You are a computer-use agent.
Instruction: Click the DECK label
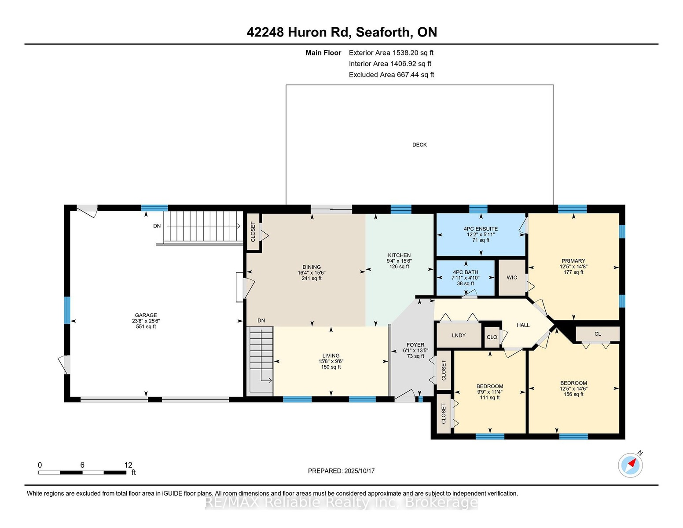419,145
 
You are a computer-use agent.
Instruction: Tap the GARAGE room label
146,315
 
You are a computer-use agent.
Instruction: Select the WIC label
512,278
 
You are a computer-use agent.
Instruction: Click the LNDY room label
459,335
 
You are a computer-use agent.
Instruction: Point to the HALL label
523,325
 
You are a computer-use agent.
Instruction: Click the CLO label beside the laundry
492,337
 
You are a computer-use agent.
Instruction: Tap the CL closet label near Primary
598,334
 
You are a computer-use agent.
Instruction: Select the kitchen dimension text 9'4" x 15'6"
399,261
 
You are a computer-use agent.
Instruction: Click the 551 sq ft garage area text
146,326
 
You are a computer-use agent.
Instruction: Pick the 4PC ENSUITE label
481,229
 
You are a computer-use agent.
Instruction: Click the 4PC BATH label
466,272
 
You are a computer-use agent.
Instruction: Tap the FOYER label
415,345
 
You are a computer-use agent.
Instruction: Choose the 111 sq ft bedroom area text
490,398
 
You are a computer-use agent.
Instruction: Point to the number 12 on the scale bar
128,465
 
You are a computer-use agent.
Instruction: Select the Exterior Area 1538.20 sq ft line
391,53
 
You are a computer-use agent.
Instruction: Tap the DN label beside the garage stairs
157,226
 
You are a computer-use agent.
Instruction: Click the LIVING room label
330,356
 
